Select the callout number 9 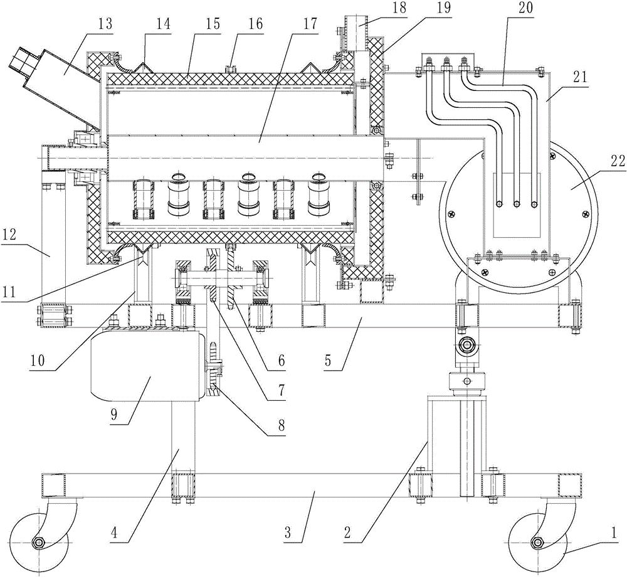pyautogui.click(x=113, y=414)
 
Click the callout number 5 pyautogui.click(x=328, y=361)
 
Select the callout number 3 pyautogui.click(x=288, y=533)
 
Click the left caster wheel pyautogui.click(x=38, y=542)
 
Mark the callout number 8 pyautogui.click(x=282, y=425)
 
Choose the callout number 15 pyautogui.click(x=213, y=24)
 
